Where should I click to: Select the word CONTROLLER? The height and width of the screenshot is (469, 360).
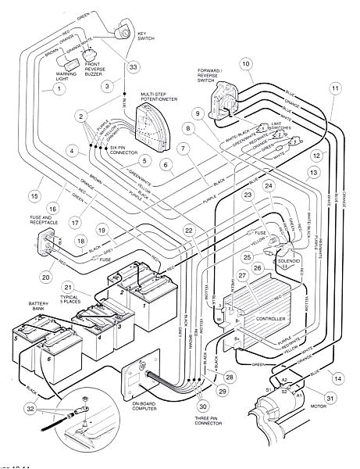click(270, 320)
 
